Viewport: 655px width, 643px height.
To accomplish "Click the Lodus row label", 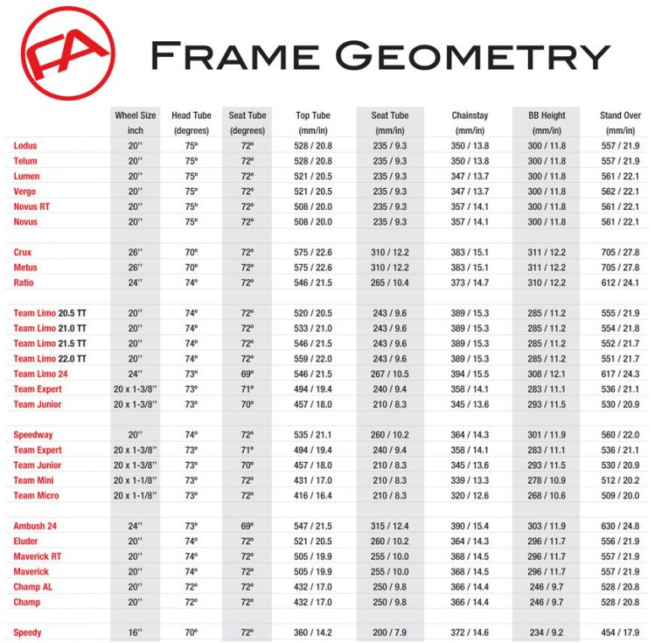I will click(25, 146).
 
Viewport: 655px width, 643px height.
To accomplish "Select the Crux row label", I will click(24, 252).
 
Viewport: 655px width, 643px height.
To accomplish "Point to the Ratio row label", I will click(24, 283).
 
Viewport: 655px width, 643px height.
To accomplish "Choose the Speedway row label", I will click(33, 435).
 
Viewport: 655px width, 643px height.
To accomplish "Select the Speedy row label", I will click(28, 633).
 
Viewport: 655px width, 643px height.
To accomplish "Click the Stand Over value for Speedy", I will click(620, 633).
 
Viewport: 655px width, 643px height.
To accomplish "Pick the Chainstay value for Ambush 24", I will click(470, 526).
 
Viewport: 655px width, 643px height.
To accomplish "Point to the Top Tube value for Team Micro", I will click(313, 495).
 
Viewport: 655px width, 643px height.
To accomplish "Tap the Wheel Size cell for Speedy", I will click(136, 633).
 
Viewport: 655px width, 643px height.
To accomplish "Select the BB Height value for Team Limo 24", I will click(547, 374).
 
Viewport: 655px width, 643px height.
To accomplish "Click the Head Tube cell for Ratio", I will click(192, 283).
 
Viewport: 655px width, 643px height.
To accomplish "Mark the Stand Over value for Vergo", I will click(620, 192).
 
